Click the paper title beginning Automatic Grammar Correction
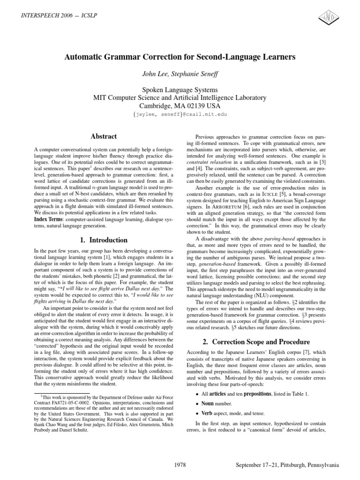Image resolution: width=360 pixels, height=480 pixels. coord(180,57)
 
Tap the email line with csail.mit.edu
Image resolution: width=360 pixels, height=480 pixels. coord(180,114)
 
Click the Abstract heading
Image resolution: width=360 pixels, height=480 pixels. coord(104,136)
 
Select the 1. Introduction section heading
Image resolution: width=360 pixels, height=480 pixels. coord(104,240)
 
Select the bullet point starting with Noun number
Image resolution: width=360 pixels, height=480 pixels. coord(211,403)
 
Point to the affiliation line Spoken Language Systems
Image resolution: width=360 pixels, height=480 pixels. coord(180,90)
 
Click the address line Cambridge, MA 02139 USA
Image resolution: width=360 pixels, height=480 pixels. coord(180,106)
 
